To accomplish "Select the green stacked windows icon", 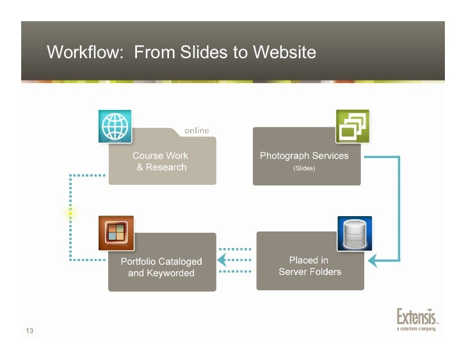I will click(353, 126).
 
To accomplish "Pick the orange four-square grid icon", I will click(116, 233).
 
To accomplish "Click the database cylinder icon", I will click(354, 233).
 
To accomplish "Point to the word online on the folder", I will click(197, 130).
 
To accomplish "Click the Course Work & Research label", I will click(161, 161).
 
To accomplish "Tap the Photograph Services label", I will click(304, 155).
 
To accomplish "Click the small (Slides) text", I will click(304, 169).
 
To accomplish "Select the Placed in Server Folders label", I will click(310, 266).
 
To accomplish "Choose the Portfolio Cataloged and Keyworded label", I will click(161, 267).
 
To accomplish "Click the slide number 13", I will click(29, 330).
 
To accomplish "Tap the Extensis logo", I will click(416, 318).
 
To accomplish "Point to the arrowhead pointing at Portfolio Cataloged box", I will click(221, 260).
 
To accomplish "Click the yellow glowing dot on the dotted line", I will click(70, 214).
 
